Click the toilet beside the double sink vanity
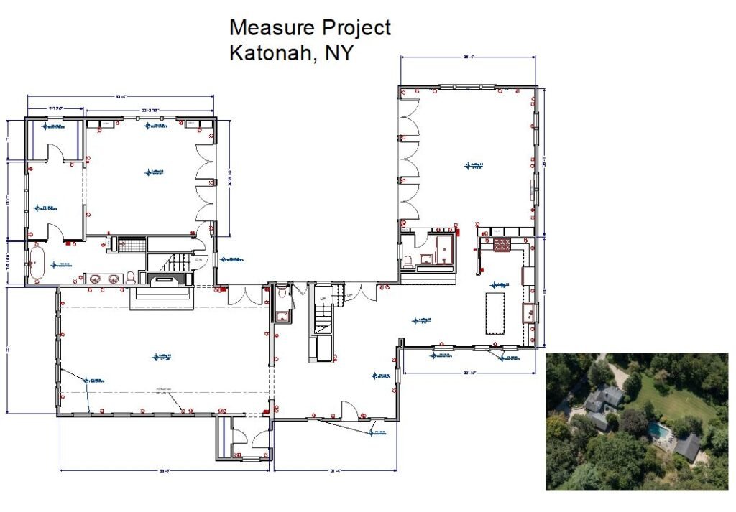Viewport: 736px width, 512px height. pyautogui.click(x=131, y=277)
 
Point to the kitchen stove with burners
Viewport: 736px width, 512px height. pyautogui.click(x=502, y=245)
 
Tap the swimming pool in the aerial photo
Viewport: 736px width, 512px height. pyautogui.click(x=657, y=431)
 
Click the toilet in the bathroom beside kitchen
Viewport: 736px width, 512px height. pyautogui.click(x=409, y=262)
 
